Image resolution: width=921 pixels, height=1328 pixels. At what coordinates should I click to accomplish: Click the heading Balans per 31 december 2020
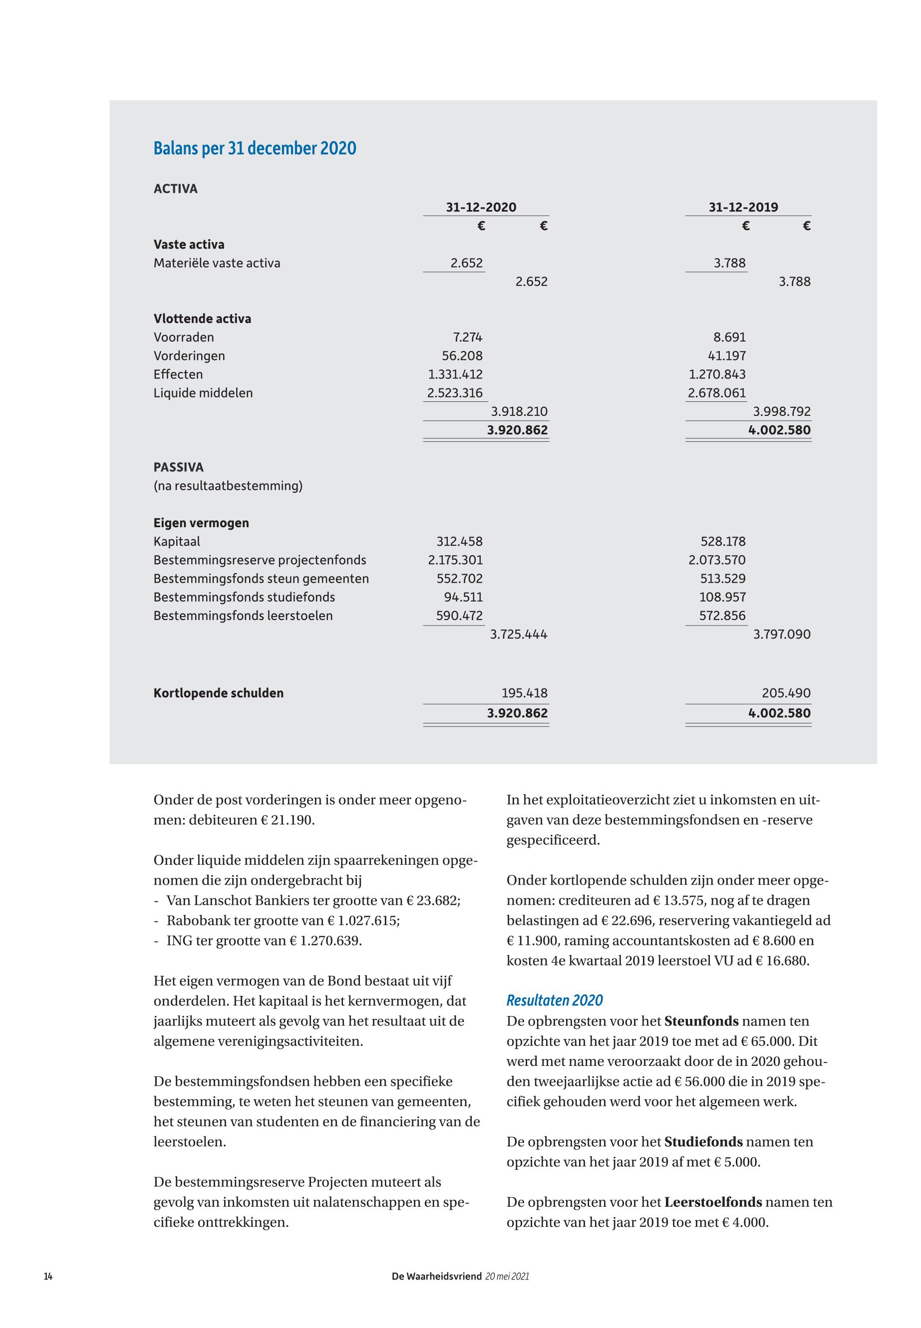click(255, 148)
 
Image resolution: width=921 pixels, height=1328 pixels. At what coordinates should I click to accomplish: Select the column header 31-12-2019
click(743, 207)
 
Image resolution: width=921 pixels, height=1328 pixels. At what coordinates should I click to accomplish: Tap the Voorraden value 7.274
click(467, 337)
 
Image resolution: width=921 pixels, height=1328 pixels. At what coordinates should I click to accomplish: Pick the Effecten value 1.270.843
click(717, 374)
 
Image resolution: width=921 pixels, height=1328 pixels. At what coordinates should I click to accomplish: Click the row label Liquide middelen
click(203, 393)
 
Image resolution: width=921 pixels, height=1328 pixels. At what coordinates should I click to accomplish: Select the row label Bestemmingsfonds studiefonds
click(244, 597)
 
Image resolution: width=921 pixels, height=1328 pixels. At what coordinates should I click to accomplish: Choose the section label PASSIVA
click(178, 467)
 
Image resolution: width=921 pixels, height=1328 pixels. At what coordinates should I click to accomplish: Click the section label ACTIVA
click(175, 189)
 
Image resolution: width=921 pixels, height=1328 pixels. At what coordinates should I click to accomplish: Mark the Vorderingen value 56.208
click(462, 355)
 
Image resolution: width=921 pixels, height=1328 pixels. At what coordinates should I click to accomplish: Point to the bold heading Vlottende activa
click(202, 319)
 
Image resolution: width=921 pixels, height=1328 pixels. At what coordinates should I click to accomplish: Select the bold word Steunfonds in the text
click(701, 1021)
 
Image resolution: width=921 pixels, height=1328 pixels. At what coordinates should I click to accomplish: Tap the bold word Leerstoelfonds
click(713, 1202)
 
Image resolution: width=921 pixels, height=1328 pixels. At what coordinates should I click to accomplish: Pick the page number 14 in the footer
click(48, 1276)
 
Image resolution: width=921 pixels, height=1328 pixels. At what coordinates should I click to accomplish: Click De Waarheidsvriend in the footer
click(436, 1276)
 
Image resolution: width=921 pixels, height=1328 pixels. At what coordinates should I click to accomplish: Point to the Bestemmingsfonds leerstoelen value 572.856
click(722, 616)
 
